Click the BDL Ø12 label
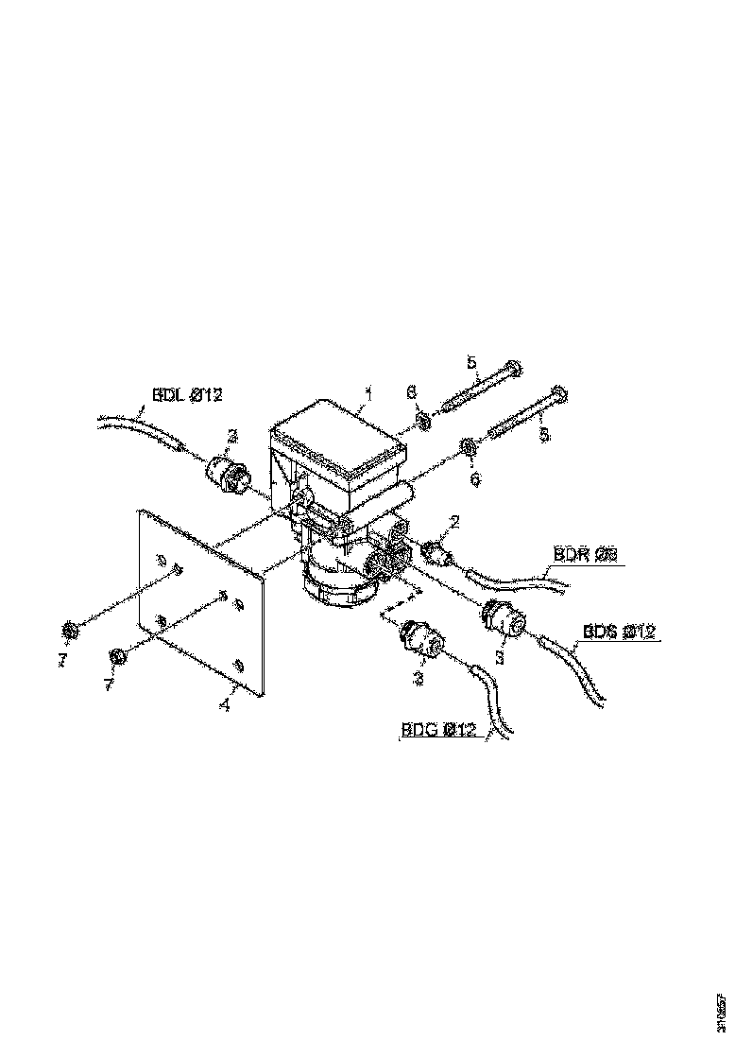point(187,394)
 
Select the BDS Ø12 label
point(620,631)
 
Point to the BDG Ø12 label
point(437,729)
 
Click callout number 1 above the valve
point(369,390)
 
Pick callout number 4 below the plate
point(224,704)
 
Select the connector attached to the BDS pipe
point(503,618)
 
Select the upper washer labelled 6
point(423,418)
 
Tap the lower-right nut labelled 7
point(116,656)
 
